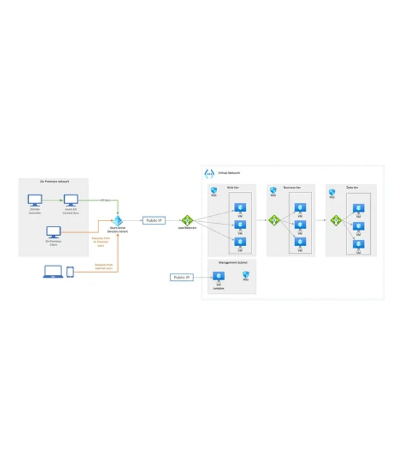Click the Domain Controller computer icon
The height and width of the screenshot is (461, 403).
point(35,200)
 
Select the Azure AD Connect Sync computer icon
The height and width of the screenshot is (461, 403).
point(71,200)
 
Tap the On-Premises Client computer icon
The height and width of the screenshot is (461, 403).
point(54,232)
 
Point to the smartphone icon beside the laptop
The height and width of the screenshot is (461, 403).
point(70,271)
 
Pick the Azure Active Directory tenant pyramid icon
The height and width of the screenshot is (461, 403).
point(118,221)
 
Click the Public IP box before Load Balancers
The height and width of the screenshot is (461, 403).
point(154,220)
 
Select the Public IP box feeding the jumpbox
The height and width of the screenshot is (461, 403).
point(181,277)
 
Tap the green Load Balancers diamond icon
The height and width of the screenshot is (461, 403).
point(187,220)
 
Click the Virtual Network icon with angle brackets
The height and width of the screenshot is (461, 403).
point(209,173)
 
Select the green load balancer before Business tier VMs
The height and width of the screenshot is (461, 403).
point(275,220)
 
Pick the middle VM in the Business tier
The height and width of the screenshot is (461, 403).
point(299,225)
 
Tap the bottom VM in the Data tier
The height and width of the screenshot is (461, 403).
point(359,243)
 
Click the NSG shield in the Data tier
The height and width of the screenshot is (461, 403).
point(332,191)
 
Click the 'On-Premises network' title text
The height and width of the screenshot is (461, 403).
point(54,182)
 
